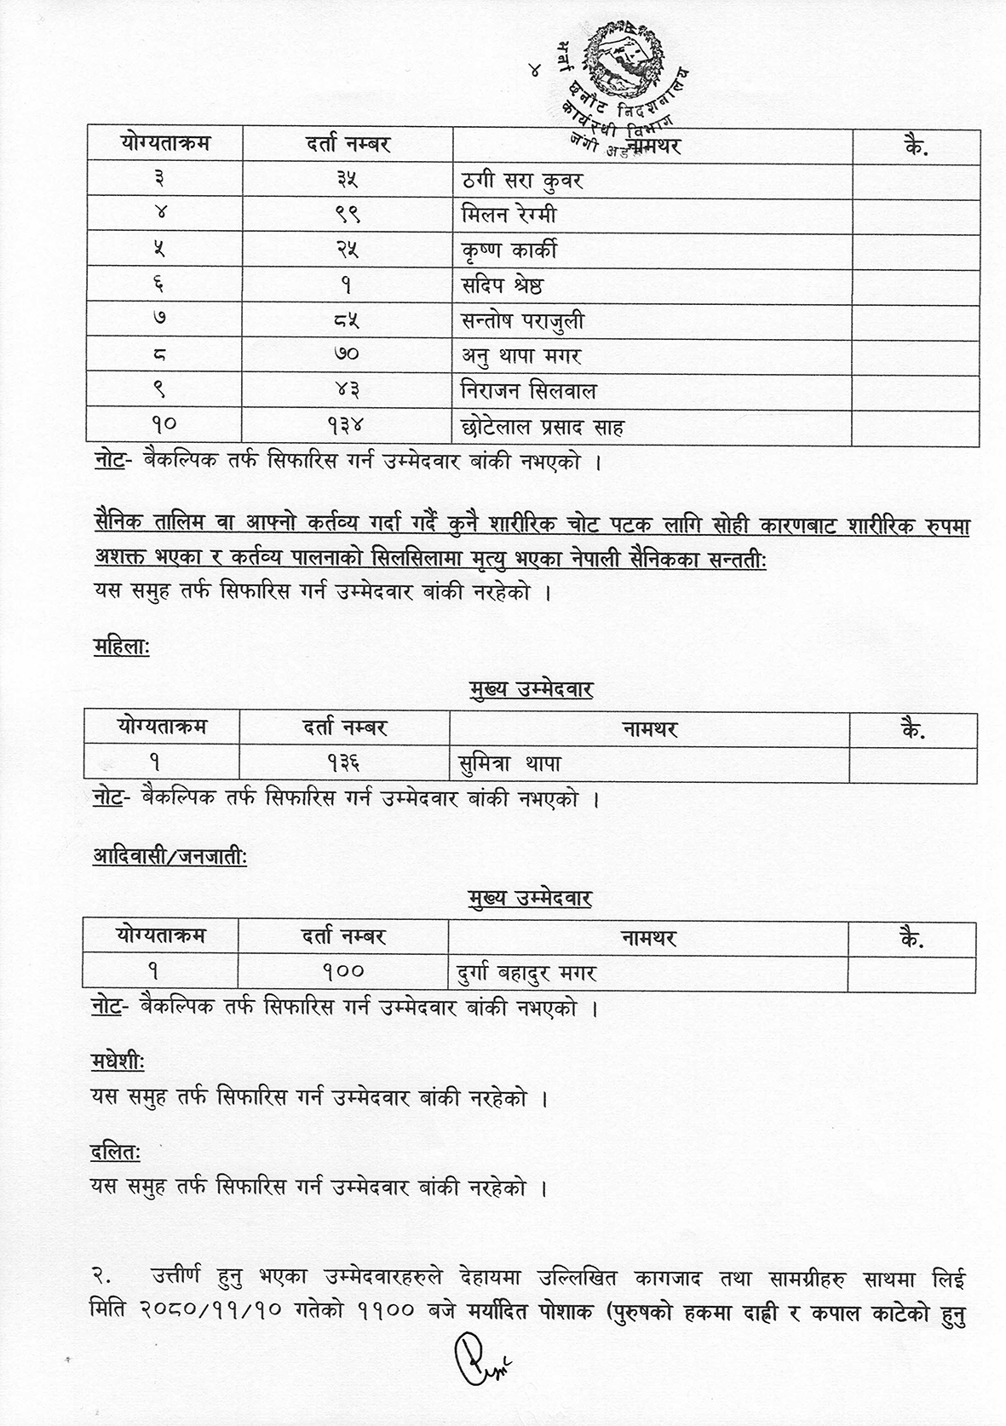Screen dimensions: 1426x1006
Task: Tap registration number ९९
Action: point(348,216)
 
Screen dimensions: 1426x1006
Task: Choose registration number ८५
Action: point(348,321)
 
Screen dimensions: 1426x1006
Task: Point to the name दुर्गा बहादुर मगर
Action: point(522,972)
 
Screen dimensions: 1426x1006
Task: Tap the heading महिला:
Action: point(121,649)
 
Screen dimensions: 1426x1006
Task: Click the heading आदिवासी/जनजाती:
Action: point(170,858)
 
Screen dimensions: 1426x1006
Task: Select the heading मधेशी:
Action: point(118,1063)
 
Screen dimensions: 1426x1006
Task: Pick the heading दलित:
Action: point(116,1153)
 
